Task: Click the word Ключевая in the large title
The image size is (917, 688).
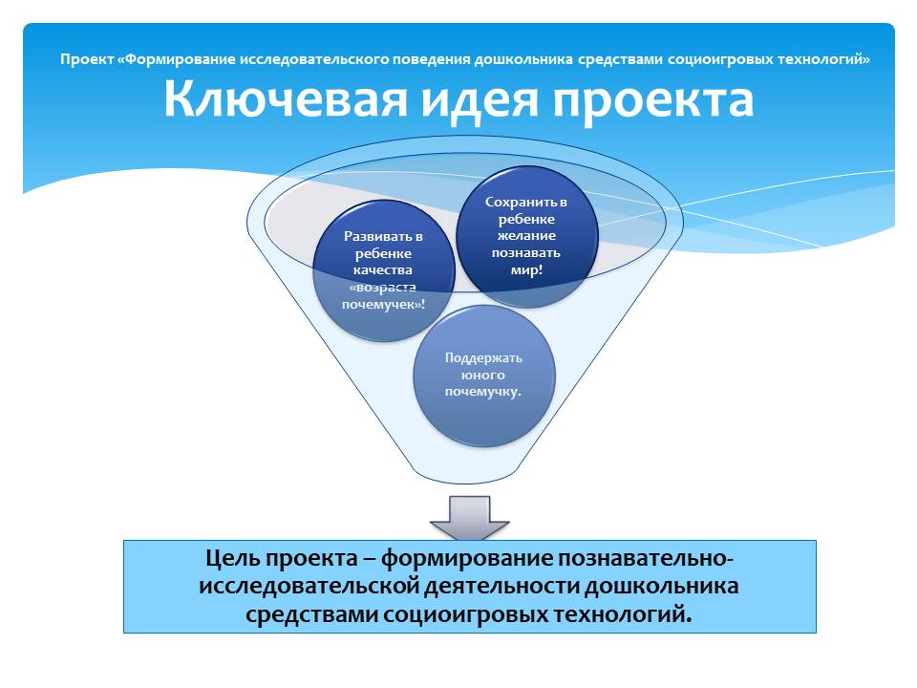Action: point(286,98)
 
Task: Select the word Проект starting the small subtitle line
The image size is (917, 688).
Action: point(87,59)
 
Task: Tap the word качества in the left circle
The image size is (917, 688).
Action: point(383,270)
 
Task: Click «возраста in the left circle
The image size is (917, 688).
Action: point(383,288)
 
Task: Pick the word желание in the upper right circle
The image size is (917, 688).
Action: point(526,236)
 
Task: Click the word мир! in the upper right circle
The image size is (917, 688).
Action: point(526,269)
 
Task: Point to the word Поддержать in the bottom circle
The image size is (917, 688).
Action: point(483,358)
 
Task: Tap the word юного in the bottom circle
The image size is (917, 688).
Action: point(483,375)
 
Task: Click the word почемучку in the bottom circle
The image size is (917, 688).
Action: point(480,392)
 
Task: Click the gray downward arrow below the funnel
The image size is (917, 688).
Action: point(470,518)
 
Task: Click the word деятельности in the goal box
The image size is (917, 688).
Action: point(501,586)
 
